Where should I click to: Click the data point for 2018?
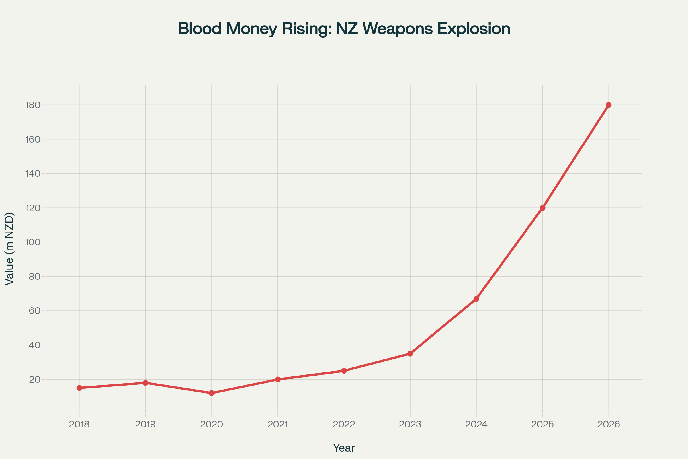click(79, 388)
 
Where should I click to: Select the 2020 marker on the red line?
click(212, 393)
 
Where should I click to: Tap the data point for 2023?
click(410, 354)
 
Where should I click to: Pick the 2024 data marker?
click(476, 299)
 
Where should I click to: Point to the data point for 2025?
click(542, 208)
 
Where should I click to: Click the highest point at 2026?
click(609, 105)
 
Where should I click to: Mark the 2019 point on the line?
click(145, 383)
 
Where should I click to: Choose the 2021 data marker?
click(277, 379)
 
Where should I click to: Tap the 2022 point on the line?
click(344, 371)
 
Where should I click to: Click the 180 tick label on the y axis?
click(33, 105)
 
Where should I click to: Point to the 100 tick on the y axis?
click(33, 242)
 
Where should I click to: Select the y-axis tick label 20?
click(34, 380)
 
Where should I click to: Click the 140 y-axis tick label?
click(33, 174)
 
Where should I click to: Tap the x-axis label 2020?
click(212, 425)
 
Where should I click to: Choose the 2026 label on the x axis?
click(609, 425)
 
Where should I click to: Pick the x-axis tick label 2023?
click(410, 425)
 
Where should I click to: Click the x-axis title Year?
click(344, 448)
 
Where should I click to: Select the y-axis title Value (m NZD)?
click(9, 249)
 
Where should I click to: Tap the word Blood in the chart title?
click(200, 29)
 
